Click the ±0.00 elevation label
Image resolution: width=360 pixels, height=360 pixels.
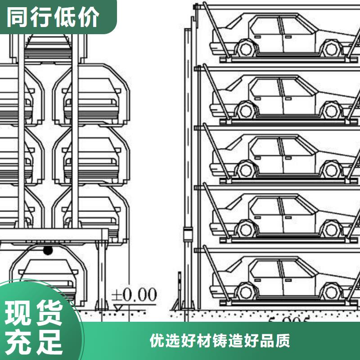tap(134, 296)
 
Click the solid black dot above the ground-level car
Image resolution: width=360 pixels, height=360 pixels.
tap(48, 250)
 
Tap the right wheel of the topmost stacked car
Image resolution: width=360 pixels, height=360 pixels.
tap(331, 48)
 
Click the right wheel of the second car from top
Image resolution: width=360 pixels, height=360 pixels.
tap(331, 109)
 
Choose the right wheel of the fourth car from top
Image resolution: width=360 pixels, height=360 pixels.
tap(331, 229)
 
